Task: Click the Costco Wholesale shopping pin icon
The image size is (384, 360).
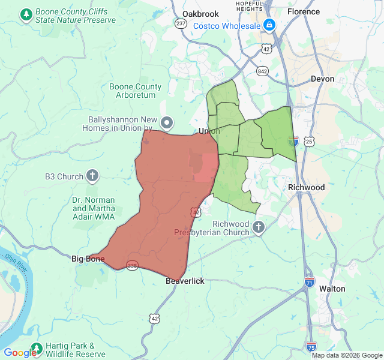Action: click(x=269, y=25)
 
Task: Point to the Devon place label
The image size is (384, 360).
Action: click(x=322, y=79)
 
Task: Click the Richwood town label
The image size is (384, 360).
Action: click(x=306, y=187)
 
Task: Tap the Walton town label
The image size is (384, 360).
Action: click(x=332, y=289)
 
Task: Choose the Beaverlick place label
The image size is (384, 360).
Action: click(x=185, y=281)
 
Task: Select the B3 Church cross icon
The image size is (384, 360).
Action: click(x=92, y=176)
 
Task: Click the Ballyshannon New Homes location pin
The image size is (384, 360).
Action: click(x=167, y=123)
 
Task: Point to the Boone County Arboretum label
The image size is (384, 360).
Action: click(x=136, y=91)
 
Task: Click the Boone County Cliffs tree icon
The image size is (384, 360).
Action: click(x=26, y=14)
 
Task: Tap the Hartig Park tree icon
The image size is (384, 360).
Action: click(x=37, y=348)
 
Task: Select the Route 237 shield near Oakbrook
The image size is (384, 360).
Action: click(x=181, y=23)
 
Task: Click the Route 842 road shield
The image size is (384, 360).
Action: click(x=262, y=71)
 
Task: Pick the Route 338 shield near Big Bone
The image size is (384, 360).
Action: click(x=132, y=265)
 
